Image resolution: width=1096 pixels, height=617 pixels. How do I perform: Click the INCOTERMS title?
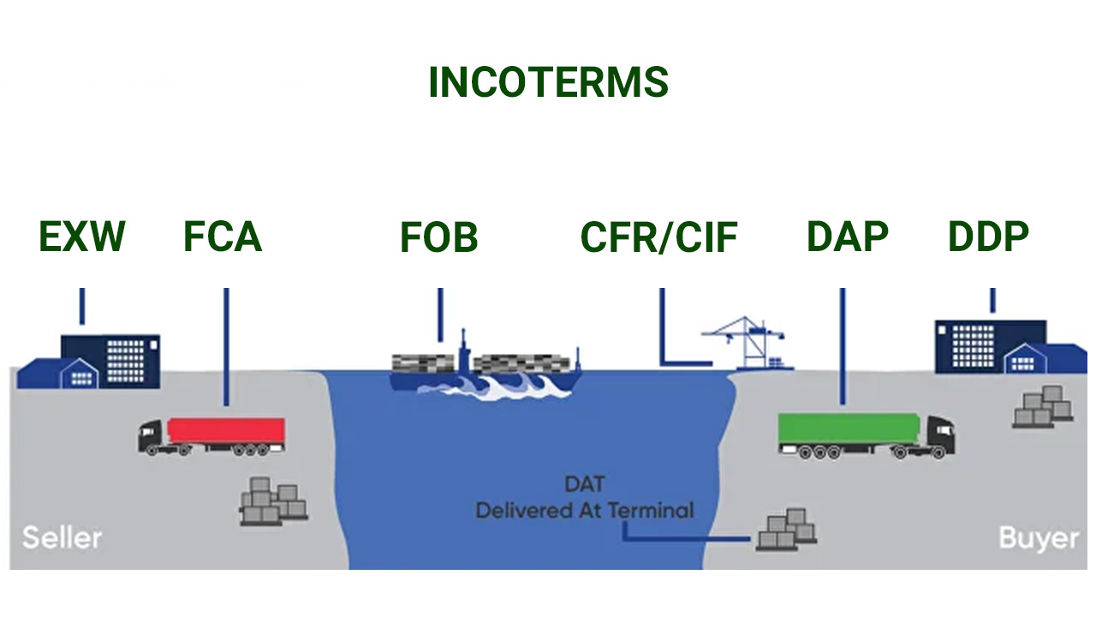point(549,82)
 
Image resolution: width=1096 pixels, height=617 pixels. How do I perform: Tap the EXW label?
point(82,237)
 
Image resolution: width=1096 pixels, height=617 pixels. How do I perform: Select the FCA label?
point(223,237)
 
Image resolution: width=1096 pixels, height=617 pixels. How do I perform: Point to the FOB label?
point(439,237)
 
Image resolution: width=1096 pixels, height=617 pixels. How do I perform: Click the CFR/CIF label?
point(659,237)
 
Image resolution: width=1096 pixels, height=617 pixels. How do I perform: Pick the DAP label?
point(848,237)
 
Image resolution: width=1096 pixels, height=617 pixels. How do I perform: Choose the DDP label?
point(988,237)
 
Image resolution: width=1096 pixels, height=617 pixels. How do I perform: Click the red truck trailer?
point(226,431)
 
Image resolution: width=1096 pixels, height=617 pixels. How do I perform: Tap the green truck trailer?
point(849,428)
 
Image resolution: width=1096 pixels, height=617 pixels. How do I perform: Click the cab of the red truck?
point(151,437)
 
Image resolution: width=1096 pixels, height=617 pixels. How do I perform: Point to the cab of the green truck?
point(940,436)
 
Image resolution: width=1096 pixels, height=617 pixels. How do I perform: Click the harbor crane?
point(748,343)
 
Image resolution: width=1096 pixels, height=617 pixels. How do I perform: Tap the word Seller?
point(63,537)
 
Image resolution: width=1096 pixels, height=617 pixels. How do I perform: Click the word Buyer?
point(1039,539)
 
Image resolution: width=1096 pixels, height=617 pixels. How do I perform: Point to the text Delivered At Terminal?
point(585,511)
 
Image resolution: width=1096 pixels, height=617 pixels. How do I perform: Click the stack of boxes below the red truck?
point(274,501)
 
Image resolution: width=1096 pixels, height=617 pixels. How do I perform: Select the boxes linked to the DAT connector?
point(786,530)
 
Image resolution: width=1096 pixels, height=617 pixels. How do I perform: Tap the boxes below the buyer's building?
point(1043,407)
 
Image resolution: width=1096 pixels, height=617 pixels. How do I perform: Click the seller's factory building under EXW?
point(88,362)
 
